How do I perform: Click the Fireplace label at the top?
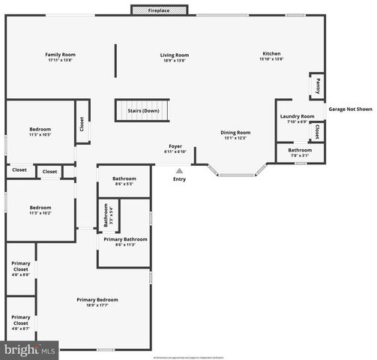158,11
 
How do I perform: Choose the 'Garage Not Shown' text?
350,109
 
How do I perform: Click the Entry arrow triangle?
179,170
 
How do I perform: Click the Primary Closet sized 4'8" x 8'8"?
21,268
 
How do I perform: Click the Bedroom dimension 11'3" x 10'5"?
40,135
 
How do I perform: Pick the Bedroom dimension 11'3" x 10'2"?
40,213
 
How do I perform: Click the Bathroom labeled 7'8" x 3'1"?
300,153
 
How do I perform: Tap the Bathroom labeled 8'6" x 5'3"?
124,181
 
